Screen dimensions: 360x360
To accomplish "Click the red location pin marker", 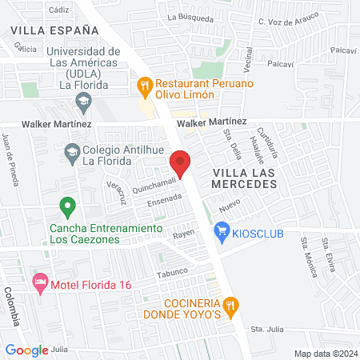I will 181,164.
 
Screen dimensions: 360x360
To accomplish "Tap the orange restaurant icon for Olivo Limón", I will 145,83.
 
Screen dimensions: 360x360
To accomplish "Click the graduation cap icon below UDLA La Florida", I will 82,102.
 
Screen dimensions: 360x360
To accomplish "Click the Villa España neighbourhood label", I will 55,30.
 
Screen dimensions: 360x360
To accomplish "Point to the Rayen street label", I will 185,234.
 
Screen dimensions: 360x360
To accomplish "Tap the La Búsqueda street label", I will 190,16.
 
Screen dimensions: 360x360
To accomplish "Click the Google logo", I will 26,350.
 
